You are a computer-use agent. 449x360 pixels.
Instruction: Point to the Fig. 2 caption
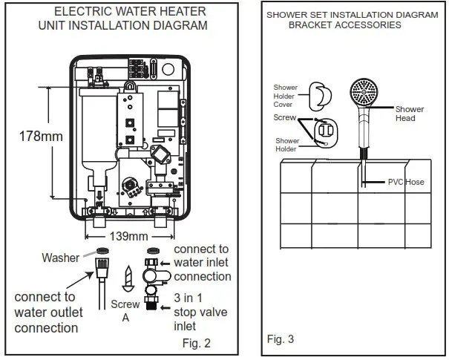pyautogui.click(x=196, y=343)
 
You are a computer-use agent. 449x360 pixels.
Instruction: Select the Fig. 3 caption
pyautogui.click(x=281, y=339)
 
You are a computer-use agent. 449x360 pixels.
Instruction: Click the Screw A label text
pyautogui.click(x=125, y=311)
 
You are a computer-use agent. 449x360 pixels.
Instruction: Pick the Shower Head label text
pyautogui.click(x=409, y=114)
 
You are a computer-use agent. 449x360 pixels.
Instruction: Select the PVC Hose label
pyautogui.click(x=406, y=182)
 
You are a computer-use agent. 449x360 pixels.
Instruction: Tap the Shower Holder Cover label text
pyautogui.click(x=284, y=96)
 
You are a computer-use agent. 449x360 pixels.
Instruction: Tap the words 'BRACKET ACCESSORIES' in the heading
pyautogui.click(x=344, y=24)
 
